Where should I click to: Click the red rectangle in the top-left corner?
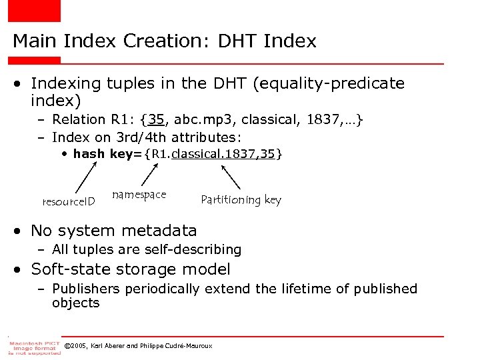click(34, 10)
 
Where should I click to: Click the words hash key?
click(103, 154)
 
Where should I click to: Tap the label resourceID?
click(69, 201)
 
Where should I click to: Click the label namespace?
click(139, 195)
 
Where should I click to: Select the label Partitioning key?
click(241, 200)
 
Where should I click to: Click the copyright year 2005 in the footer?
click(81, 346)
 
